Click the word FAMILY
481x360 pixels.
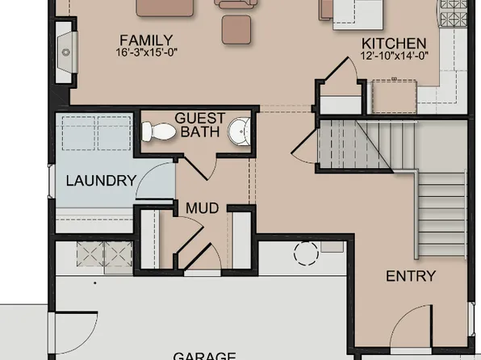145,40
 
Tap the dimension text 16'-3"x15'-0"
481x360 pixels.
145,52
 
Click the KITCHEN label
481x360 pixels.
393,44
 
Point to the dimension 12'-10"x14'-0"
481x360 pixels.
393,57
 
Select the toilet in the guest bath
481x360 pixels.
159,132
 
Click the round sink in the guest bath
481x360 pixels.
239,132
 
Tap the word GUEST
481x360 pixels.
199,117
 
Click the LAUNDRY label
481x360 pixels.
100,181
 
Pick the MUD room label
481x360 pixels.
202,208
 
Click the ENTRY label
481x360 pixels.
410,276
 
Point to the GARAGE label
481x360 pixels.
204,355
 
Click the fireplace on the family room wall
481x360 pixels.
65,51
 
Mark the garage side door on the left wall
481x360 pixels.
69,331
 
